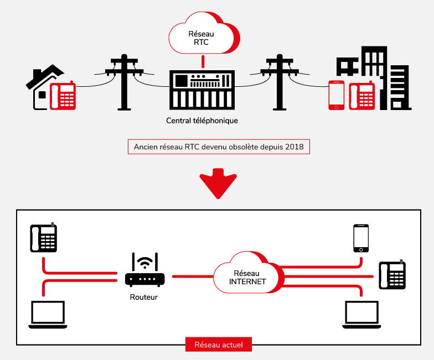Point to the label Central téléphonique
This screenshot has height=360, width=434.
[202, 120]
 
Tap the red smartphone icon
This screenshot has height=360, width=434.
[337, 95]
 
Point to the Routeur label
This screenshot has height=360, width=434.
[144, 297]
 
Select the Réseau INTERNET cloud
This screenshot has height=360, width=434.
[246, 274]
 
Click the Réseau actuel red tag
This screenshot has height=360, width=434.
[218, 345]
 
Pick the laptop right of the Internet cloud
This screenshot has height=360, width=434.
[361, 316]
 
